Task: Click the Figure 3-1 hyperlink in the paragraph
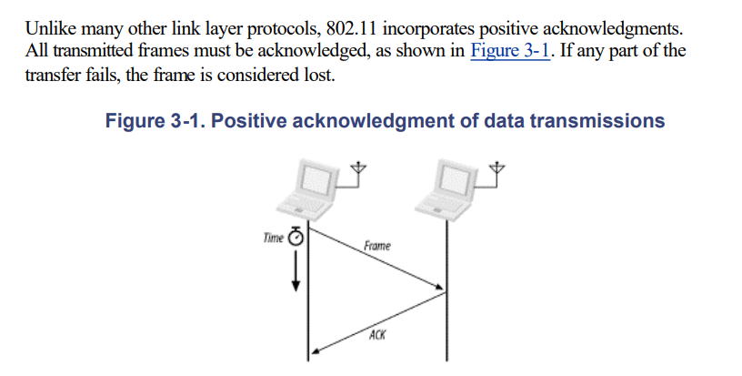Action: (512, 51)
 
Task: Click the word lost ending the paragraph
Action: (319, 74)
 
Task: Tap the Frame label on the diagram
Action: (377, 247)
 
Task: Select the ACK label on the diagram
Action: (377, 335)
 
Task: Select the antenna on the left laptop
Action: (359, 169)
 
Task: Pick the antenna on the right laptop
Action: (498, 169)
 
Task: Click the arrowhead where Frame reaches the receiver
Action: (441, 291)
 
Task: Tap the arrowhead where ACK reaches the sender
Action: (314, 351)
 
